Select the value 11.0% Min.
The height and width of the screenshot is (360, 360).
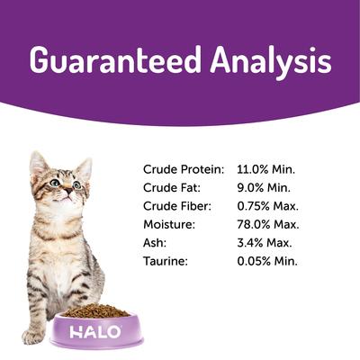pyautogui.click(x=266, y=168)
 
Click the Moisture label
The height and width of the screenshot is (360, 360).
pyautogui.click(x=169, y=224)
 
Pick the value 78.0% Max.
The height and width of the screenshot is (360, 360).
pyautogui.click(x=268, y=224)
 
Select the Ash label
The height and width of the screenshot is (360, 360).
pyautogui.click(x=154, y=243)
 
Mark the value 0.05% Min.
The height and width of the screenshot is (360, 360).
pyautogui.click(x=268, y=262)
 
